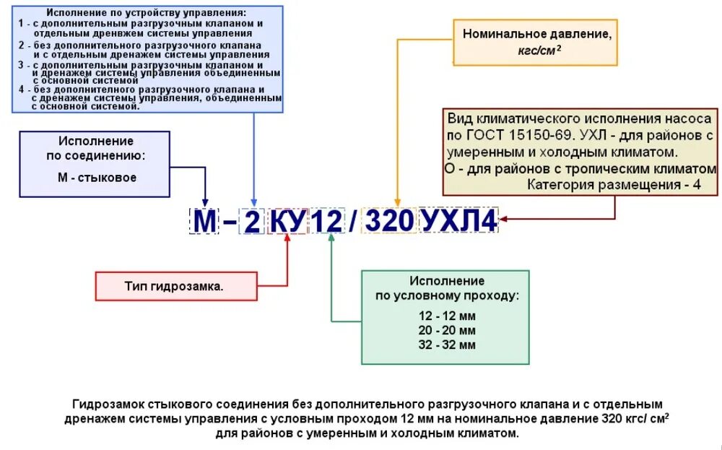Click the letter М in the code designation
click(x=204, y=221)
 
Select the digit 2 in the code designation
click(x=252, y=221)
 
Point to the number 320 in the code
click(x=391, y=221)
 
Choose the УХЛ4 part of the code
click(x=459, y=221)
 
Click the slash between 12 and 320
click(x=354, y=221)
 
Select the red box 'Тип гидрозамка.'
click(x=176, y=286)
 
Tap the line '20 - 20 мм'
click(x=447, y=330)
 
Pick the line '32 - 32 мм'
click(x=447, y=345)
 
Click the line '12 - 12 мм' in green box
click(x=447, y=316)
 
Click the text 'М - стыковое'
click(x=96, y=177)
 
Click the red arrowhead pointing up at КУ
click(x=288, y=241)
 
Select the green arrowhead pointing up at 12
click(x=331, y=241)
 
